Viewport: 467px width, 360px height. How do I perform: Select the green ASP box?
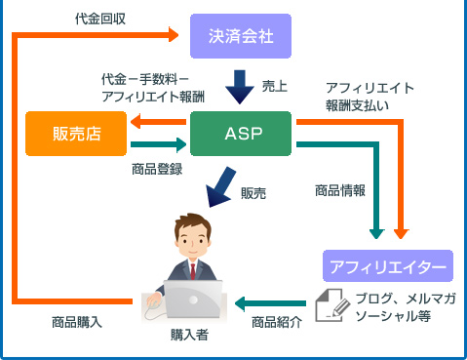pyautogui.click(x=241, y=133)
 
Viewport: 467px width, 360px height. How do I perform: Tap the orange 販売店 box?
pyautogui.click(x=76, y=133)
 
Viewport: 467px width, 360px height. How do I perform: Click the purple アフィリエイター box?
pyautogui.click(x=387, y=265)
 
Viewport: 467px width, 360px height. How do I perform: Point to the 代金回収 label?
pyautogui.click(x=98, y=18)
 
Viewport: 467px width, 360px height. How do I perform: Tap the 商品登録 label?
pyautogui.click(x=157, y=169)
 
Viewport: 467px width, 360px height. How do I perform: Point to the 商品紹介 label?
pyautogui.click(x=277, y=322)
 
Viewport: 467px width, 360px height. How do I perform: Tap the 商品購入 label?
pyautogui.click(x=77, y=321)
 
